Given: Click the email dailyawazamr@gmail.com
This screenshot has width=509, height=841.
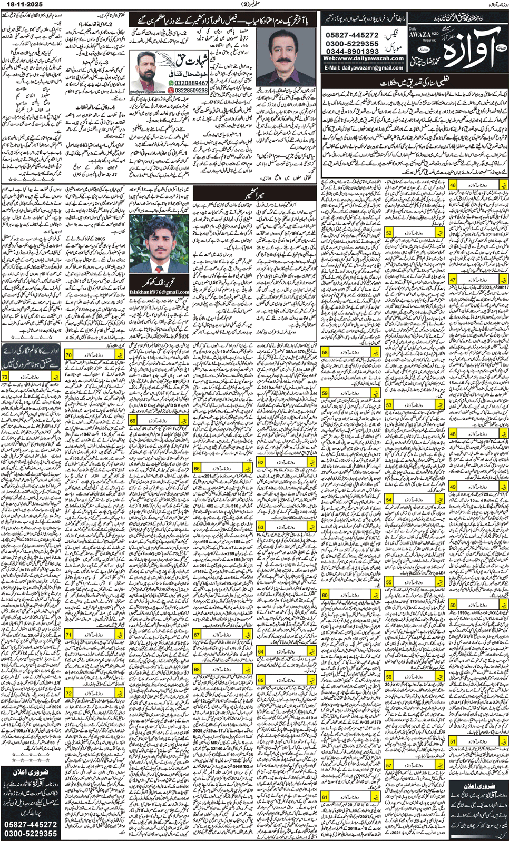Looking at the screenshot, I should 364,68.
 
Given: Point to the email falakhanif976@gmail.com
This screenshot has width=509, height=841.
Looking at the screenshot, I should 159,292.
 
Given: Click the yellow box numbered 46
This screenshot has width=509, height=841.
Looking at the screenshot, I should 453,185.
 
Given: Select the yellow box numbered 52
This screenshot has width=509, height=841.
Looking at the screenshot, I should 388,233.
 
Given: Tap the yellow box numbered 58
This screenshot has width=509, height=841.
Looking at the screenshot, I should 325,352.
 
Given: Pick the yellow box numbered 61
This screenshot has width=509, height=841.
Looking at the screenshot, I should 325,797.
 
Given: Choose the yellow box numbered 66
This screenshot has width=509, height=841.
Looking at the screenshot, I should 197,468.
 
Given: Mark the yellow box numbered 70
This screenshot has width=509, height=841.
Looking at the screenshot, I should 68,355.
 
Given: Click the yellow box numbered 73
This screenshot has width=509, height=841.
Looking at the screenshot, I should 5,377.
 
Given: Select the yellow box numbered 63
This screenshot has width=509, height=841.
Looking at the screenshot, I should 261,527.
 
